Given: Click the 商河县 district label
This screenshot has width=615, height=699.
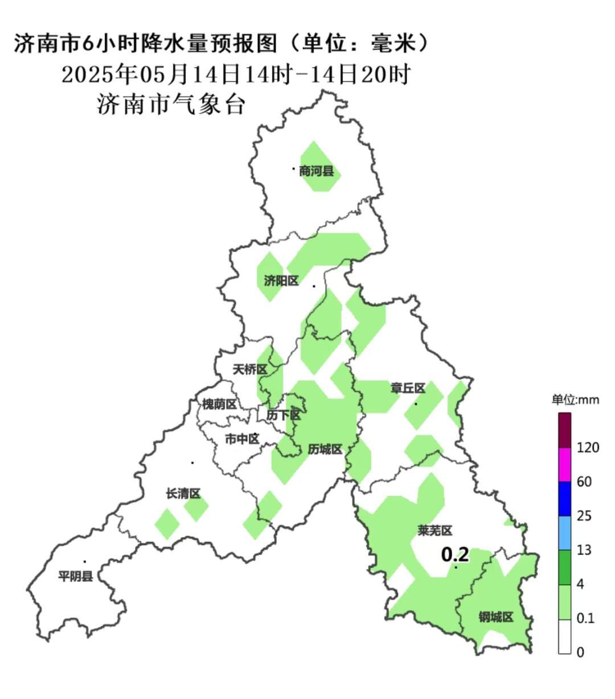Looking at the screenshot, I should click(x=317, y=171).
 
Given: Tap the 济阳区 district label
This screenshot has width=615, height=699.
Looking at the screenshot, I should click(x=281, y=281).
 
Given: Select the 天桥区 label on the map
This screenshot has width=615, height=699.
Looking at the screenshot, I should click(x=250, y=370).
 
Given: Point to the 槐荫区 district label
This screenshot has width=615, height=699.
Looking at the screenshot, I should click(x=219, y=404).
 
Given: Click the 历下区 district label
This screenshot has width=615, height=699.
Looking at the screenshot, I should click(x=283, y=415).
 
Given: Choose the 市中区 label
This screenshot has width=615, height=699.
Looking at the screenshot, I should click(x=242, y=439).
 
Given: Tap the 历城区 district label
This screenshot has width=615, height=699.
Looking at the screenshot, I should click(x=325, y=449).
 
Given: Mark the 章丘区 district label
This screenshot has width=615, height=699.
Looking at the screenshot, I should click(x=408, y=388).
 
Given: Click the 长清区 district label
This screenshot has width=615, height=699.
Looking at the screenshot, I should click(x=183, y=494).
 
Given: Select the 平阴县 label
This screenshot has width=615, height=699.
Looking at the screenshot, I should click(x=76, y=576).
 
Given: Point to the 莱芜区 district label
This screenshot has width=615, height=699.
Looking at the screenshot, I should click(x=435, y=531).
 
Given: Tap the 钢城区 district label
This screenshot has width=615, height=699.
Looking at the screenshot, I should click(x=496, y=617).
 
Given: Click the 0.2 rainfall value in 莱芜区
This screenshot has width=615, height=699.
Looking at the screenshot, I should click(x=455, y=554).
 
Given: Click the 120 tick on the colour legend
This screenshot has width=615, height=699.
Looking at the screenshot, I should click(x=588, y=448).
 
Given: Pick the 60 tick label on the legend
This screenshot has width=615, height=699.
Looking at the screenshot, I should click(x=584, y=482).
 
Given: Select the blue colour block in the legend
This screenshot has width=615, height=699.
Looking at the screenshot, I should click(x=564, y=499).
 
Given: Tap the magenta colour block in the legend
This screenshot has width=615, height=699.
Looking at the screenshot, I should click(x=564, y=465).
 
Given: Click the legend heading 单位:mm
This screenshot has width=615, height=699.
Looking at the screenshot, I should click(x=575, y=400).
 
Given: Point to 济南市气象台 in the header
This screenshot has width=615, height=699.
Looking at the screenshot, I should click(x=171, y=105).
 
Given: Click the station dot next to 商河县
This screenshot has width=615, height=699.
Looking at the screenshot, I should click(x=294, y=168).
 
